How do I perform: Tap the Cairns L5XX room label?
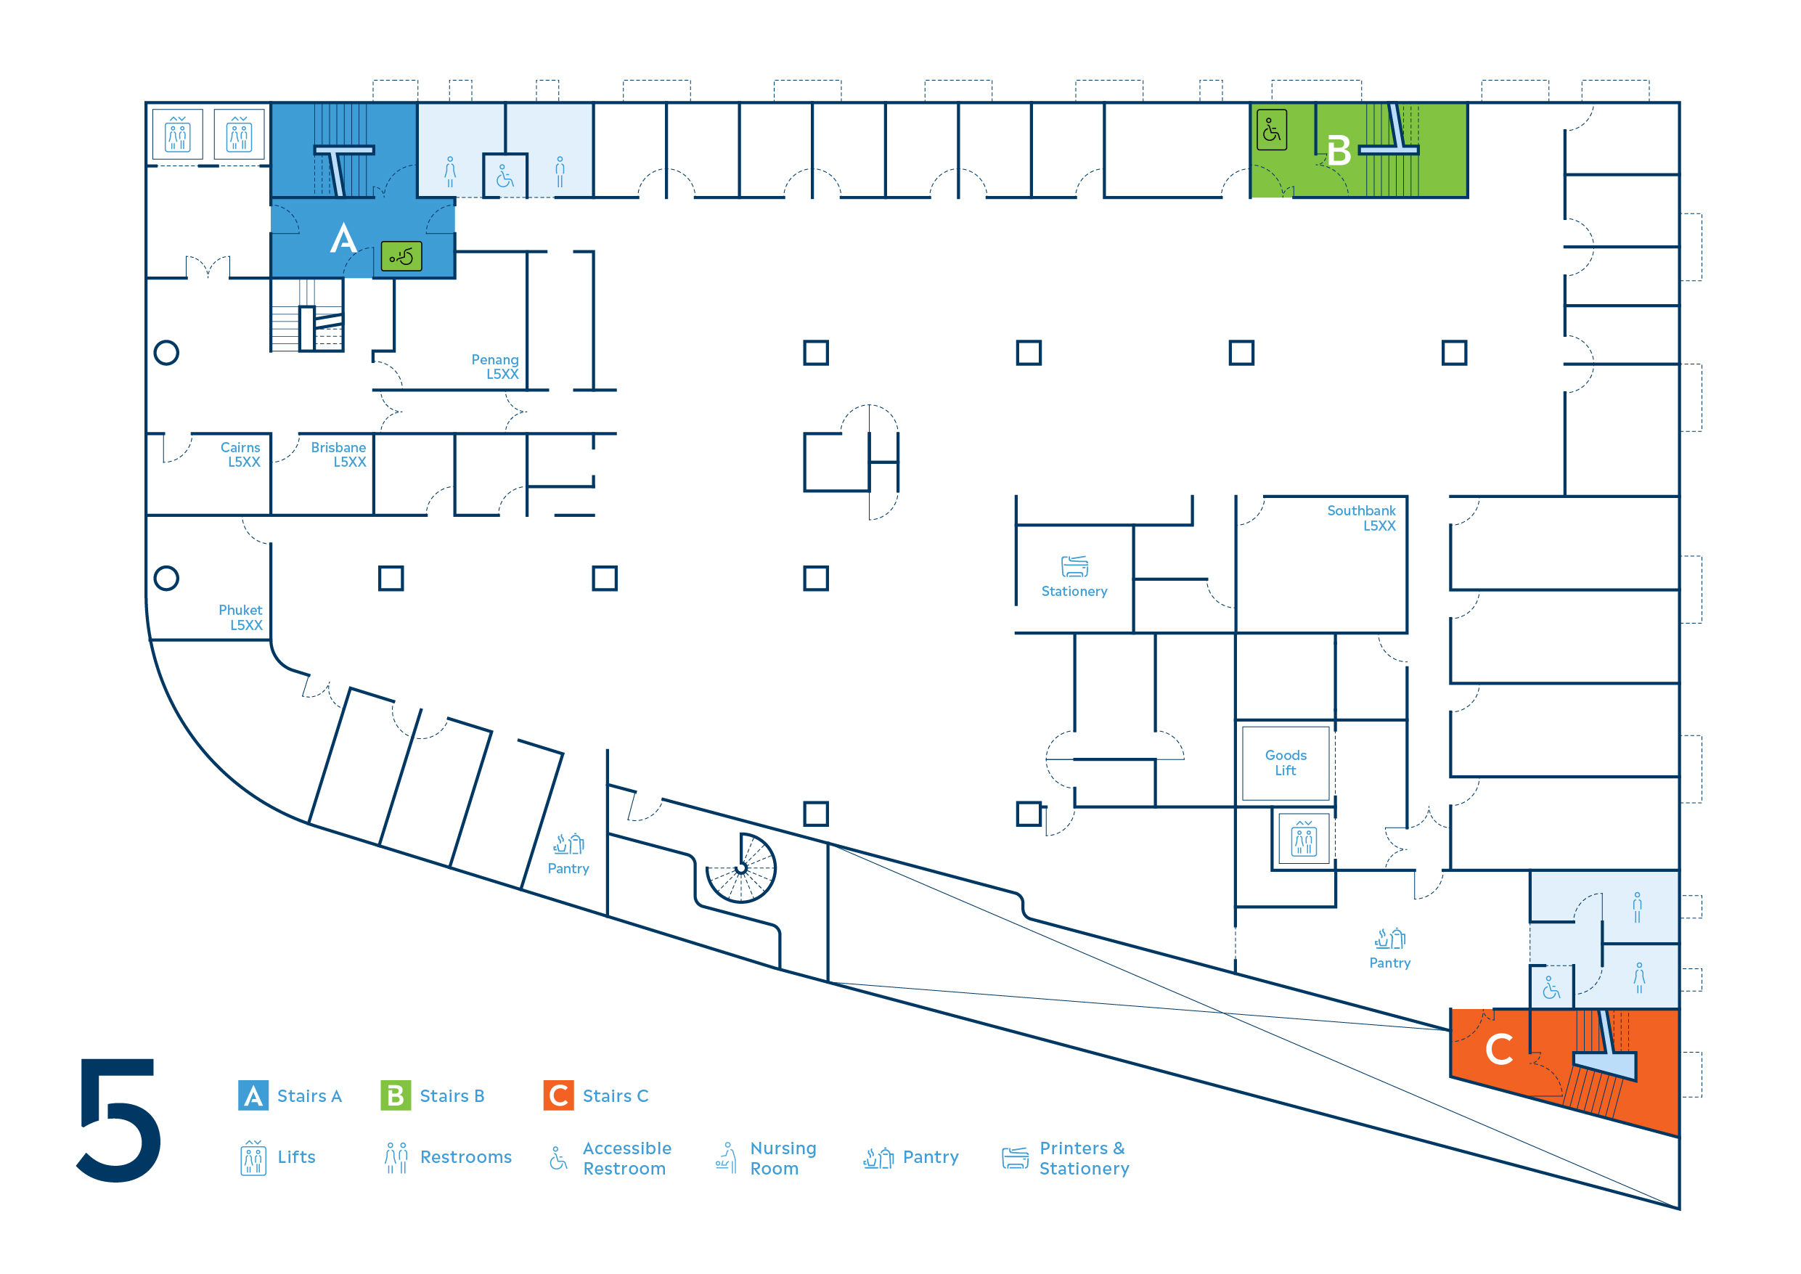point(240,454)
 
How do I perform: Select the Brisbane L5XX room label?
point(338,454)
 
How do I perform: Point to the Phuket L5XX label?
point(241,617)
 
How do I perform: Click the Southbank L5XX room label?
point(1361,518)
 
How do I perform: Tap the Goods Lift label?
point(1286,762)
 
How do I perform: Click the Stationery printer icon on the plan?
point(1074,565)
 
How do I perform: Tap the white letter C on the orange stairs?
point(1499,1049)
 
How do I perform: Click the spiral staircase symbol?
point(740,868)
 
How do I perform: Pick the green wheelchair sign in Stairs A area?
point(401,256)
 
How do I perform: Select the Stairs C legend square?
point(558,1095)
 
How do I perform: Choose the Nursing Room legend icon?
point(727,1158)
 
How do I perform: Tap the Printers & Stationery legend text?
point(1084,1158)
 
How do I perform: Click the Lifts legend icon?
point(253,1158)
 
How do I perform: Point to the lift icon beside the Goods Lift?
point(1304,840)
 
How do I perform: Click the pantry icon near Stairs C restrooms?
point(1390,938)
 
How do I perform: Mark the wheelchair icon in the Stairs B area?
point(1272,130)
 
